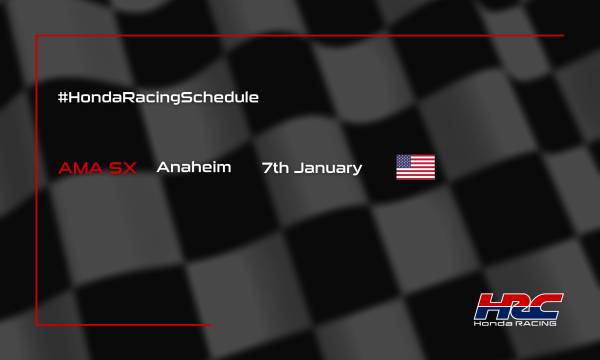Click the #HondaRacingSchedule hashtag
point(159,98)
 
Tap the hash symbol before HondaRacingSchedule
point(65,98)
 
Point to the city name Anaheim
point(194,167)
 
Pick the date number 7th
point(276,167)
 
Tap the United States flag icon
point(416,167)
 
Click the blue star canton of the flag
point(405,161)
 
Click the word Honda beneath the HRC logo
point(496,326)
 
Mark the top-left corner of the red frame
point(37,36)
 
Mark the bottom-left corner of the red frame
point(37,324)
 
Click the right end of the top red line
point(562,36)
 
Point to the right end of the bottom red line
point(210,324)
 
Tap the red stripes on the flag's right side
point(426,173)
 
